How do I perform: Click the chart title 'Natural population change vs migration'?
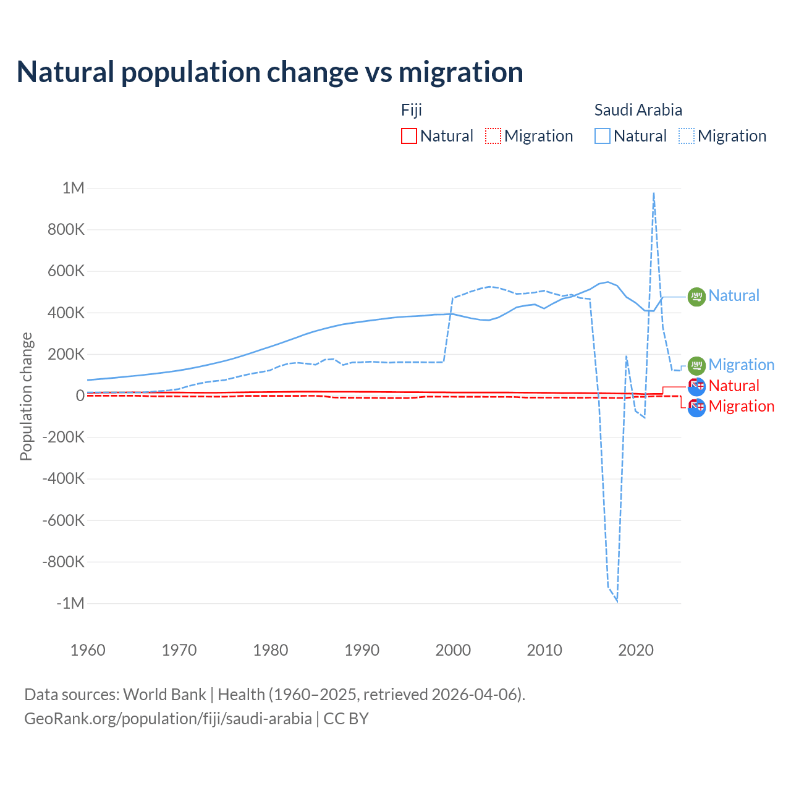pyautogui.click(x=270, y=72)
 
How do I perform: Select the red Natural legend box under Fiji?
pyautogui.click(x=409, y=136)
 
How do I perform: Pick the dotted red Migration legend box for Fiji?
pyautogui.click(x=493, y=136)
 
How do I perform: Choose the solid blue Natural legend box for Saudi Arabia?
pyautogui.click(x=603, y=136)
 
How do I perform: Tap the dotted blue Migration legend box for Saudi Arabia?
pyautogui.click(x=687, y=136)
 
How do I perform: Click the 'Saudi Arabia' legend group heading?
pyautogui.click(x=638, y=110)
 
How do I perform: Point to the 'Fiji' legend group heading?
pyautogui.click(x=412, y=110)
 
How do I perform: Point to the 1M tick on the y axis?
pyautogui.click(x=73, y=188)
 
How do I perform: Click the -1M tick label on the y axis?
pyautogui.click(x=70, y=603)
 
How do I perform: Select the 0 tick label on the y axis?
pyautogui.click(x=80, y=395)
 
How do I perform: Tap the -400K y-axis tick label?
pyautogui.click(x=63, y=478)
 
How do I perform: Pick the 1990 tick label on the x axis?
pyautogui.click(x=362, y=650)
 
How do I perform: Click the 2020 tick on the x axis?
pyautogui.click(x=636, y=650)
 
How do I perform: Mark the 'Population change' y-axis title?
pyautogui.click(x=26, y=396)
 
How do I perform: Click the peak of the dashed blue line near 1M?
pyautogui.click(x=654, y=193)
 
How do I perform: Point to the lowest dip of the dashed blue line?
pyautogui.click(x=617, y=600)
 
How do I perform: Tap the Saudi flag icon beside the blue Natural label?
pyautogui.click(x=696, y=297)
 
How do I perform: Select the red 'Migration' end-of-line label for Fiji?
pyautogui.click(x=742, y=406)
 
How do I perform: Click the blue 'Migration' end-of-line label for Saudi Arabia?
pyautogui.click(x=742, y=365)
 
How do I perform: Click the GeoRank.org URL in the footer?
pyautogui.click(x=168, y=719)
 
